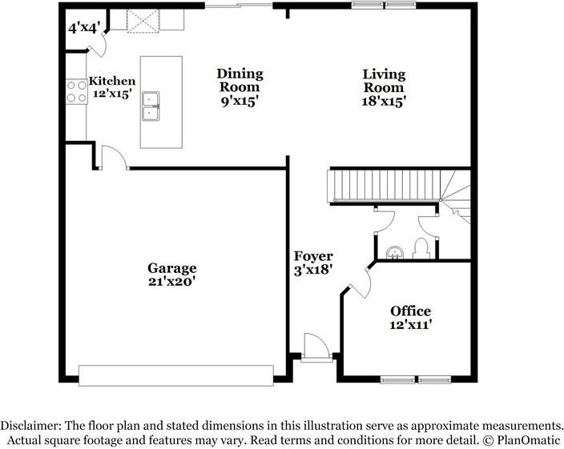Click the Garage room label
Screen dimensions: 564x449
point(172,268)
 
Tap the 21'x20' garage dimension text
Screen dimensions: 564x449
point(172,282)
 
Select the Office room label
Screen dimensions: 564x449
point(411,311)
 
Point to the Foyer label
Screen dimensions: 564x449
point(313,256)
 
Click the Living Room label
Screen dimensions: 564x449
point(384,81)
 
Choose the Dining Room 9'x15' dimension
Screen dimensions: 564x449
point(240,102)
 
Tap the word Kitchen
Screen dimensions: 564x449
point(112,81)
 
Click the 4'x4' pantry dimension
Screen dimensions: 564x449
point(84,28)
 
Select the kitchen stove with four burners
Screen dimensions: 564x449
point(76,91)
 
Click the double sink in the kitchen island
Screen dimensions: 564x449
point(151,106)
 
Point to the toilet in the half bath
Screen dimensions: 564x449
point(421,249)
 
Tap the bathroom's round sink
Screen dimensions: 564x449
point(395,253)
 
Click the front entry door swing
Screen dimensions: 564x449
point(316,346)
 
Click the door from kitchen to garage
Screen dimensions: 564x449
point(114,157)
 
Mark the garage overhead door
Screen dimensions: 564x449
point(176,375)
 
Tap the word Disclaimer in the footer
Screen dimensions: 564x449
point(30,426)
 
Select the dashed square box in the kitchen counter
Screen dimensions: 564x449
point(143,22)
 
